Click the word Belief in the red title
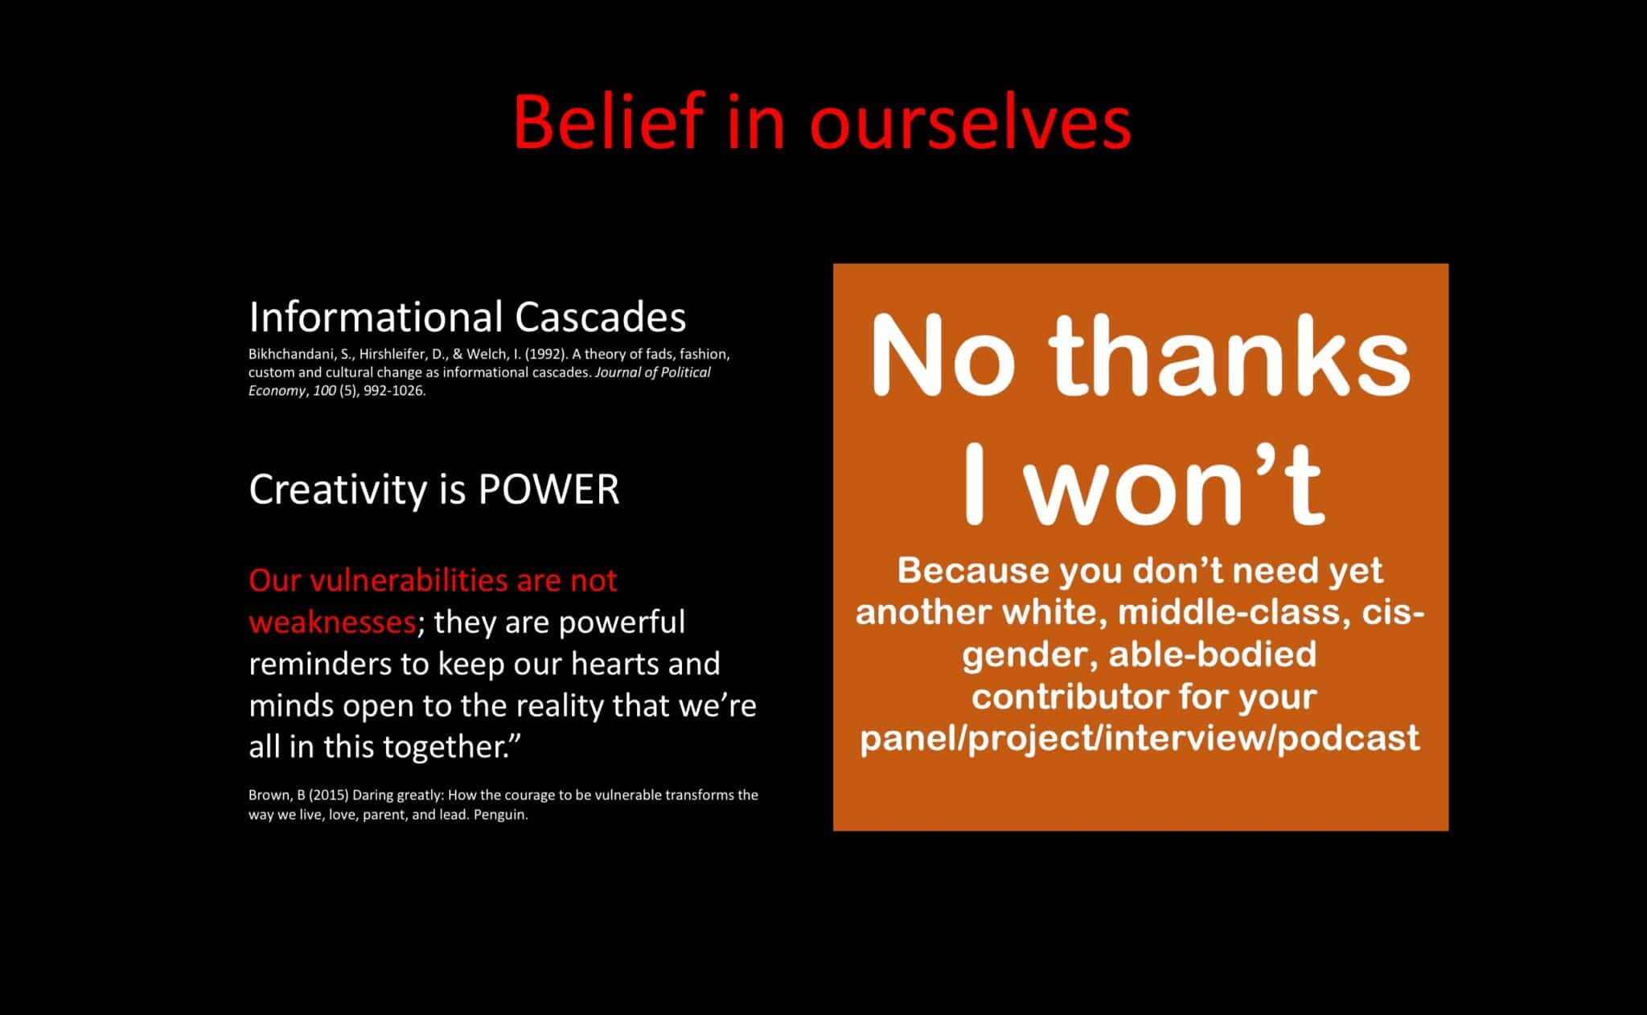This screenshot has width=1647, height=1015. click(607, 121)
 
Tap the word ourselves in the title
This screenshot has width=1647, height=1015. click(971, 122)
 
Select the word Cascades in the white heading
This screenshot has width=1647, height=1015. click(600, 317)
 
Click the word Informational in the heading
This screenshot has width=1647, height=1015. click(376, 317)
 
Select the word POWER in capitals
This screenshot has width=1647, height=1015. click(548, 489)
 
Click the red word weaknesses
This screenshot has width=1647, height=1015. click(332, 622)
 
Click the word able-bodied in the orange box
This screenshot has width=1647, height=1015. click(1213, 655)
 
